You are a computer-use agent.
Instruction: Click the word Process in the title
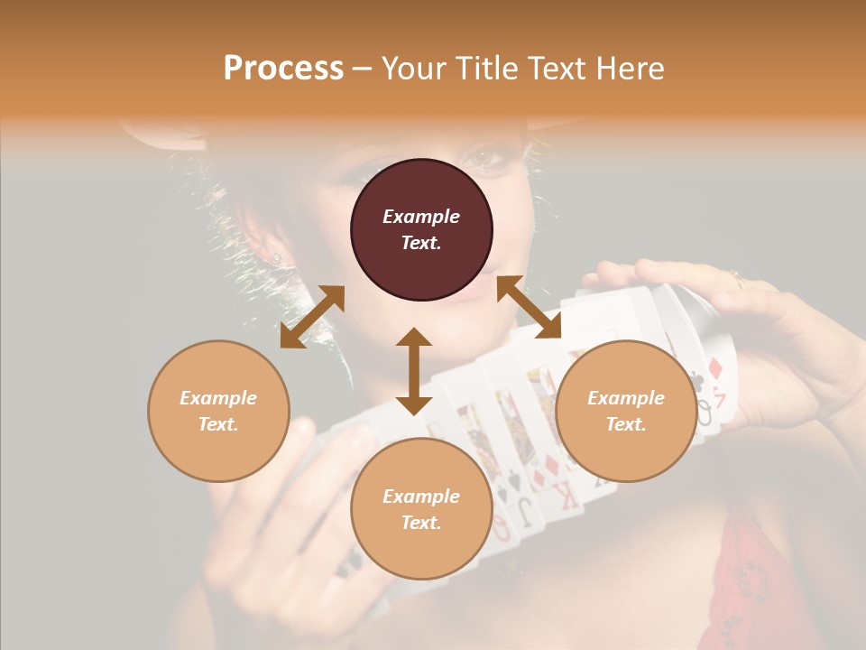click(x=283, y=69)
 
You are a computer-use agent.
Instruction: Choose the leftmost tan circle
click(x=218, y=411)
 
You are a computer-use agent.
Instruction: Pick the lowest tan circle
click(x=421, y=509)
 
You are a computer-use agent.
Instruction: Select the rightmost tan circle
click(x=626, y=411)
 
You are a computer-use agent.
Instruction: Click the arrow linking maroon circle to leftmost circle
click(x=312, y=317)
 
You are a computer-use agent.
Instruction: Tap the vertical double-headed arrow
click(x=414, y=371)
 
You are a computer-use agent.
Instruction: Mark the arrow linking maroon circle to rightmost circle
click(x=530, y=307)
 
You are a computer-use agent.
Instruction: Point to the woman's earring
click(x=277, y=257)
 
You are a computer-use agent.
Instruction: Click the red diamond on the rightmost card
click(x=715, y=367)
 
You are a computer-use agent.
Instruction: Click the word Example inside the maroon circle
click(x=421, y=217)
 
